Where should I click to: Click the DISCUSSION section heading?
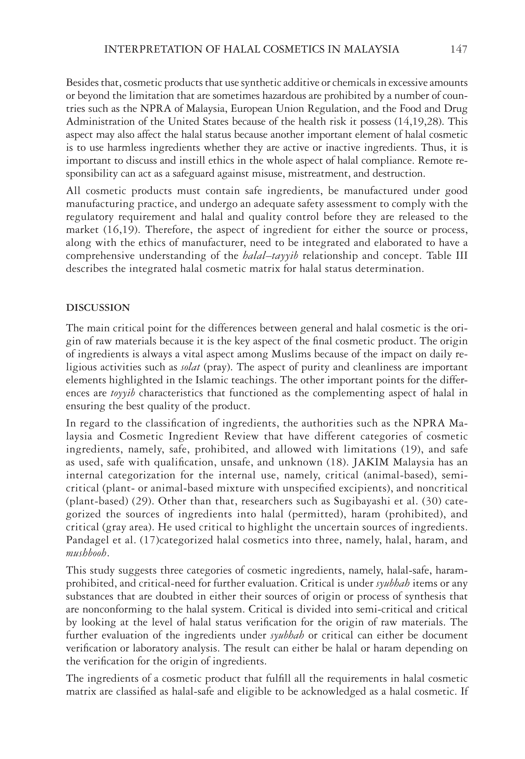click(x=98, y=308)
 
